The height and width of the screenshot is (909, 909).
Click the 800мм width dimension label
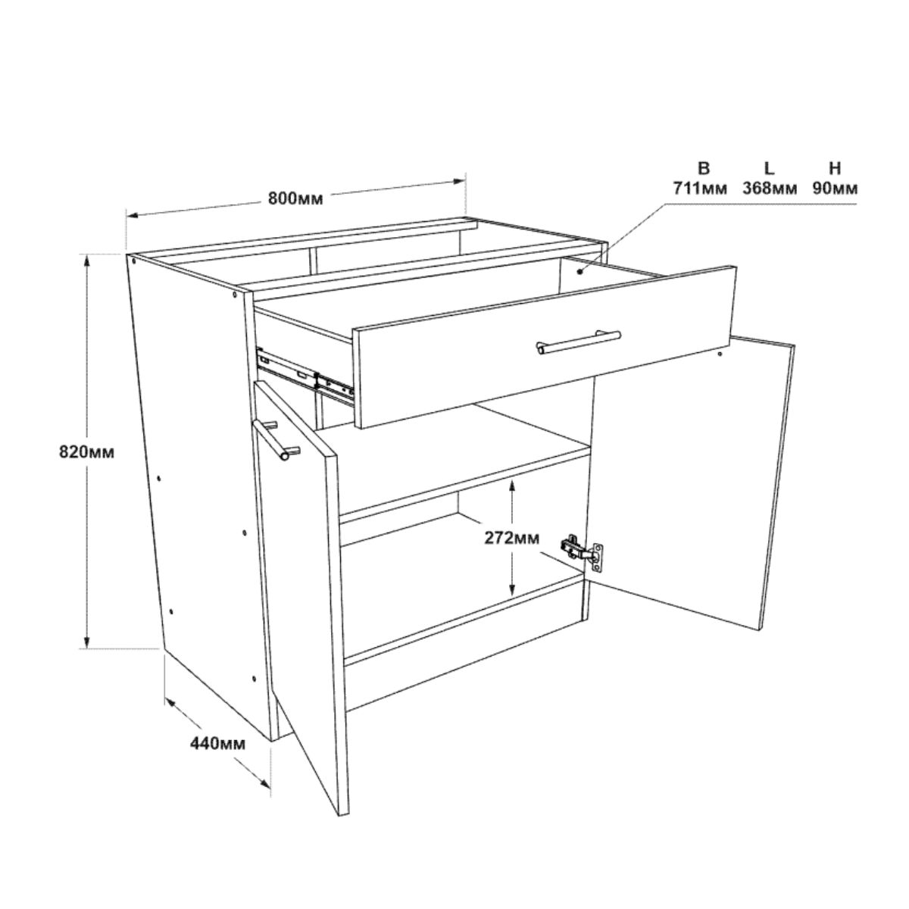295,198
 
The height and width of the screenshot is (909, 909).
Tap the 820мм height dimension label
86,452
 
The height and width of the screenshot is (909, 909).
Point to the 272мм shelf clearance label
511,538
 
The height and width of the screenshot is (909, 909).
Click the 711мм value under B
700,188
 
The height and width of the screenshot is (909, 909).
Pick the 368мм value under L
770,188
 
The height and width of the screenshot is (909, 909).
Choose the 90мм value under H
835,188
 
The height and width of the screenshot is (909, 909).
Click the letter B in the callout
704,168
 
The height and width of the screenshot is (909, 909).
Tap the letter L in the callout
770,168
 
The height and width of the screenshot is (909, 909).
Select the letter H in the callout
835,168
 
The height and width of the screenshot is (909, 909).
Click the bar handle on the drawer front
579,342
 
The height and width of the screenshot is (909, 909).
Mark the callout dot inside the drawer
579,271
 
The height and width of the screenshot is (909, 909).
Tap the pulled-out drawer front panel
545,347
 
